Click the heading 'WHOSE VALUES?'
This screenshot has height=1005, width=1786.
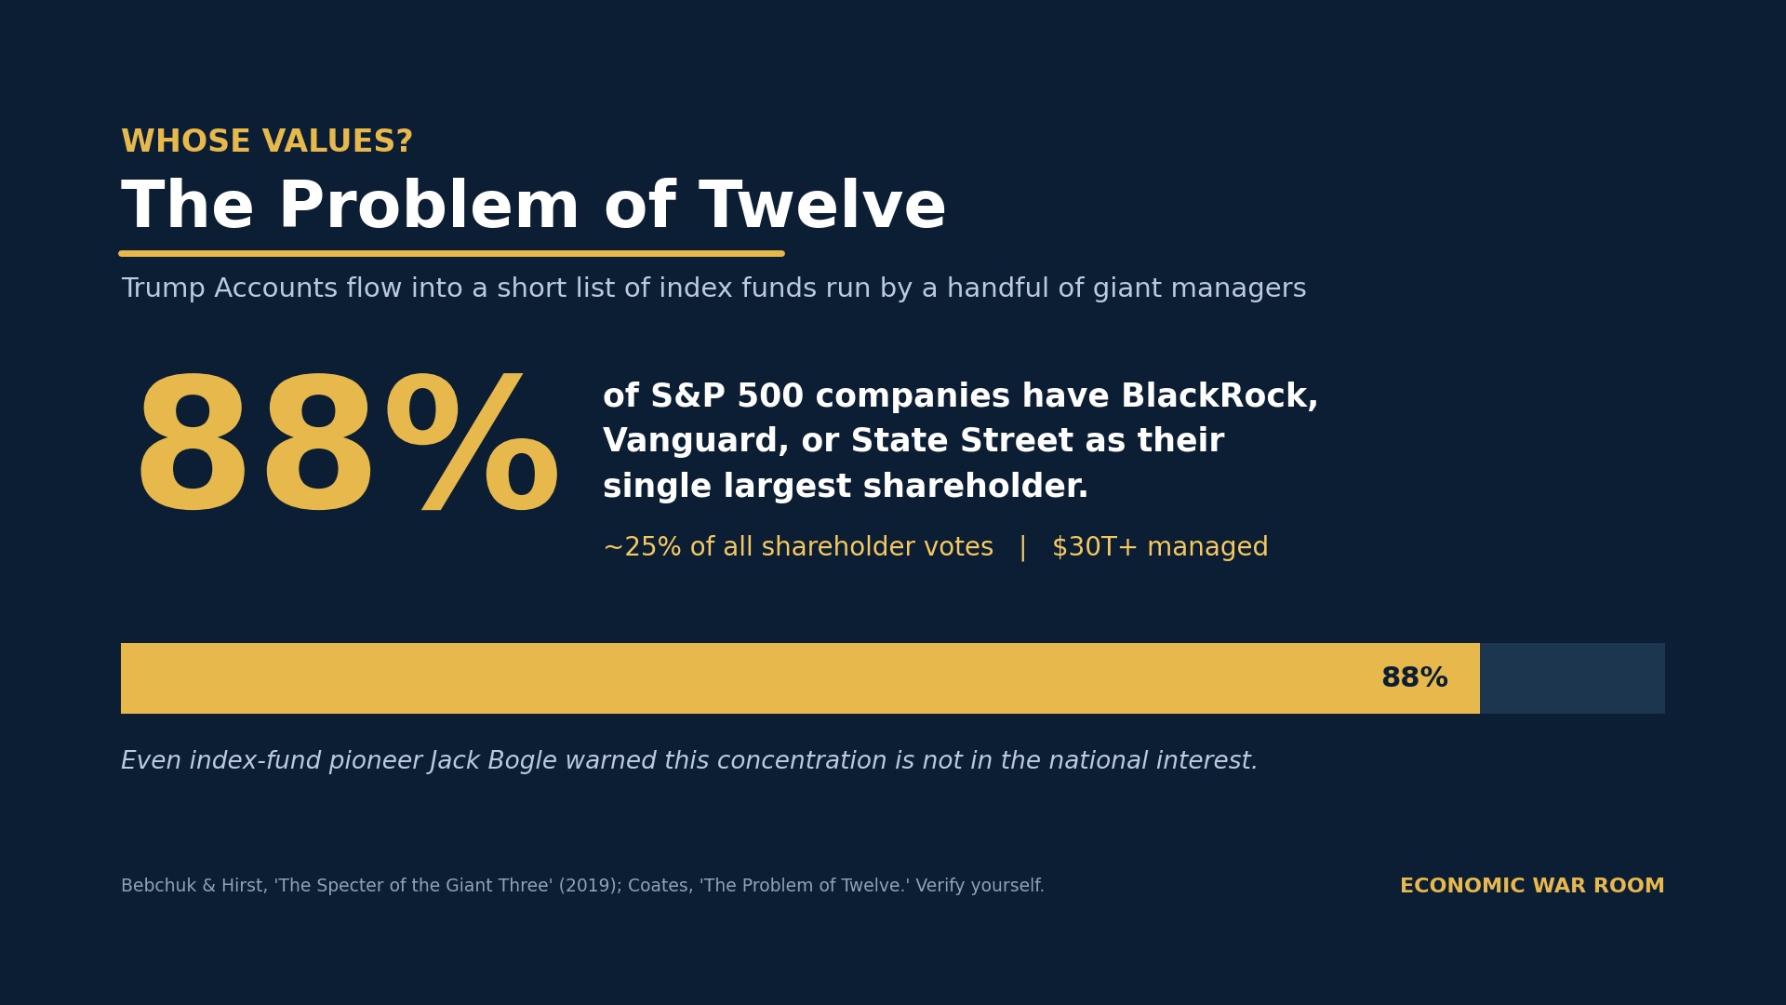(267, 142)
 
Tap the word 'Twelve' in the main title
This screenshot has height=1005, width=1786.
(822, 207)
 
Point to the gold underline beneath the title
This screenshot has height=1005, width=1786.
(451, 253)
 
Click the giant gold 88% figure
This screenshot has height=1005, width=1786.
(347, 445)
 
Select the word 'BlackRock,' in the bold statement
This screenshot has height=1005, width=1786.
(1220, 397)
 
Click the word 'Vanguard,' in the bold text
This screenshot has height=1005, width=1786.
(696, 442)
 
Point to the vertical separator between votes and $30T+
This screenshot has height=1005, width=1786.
(1023, 548)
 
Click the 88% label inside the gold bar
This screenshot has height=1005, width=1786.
(1414, 678)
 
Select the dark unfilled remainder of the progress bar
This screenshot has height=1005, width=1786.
(1572, 678)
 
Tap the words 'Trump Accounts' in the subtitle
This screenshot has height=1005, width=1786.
(230, 288)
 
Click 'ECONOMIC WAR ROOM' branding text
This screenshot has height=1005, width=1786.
(1532, 887)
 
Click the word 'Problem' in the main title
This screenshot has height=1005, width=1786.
(429, 207)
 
